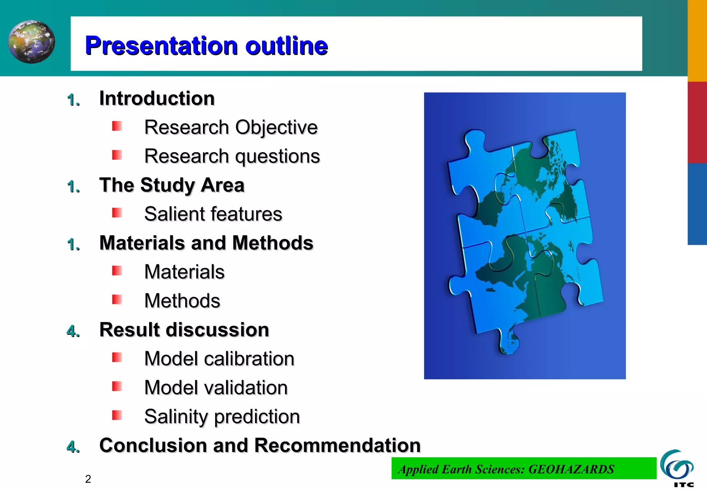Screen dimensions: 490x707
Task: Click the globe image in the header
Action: click(31, 42)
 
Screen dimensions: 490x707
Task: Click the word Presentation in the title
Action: click(161, 46)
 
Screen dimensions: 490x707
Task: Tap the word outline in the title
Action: click(287, 46)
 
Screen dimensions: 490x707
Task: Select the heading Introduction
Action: click(157, 98)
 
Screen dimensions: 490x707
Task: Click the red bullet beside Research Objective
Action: click(117, 126)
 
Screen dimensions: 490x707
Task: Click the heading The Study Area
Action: click(172, 185)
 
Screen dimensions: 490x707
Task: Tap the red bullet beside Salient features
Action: click(117, 213)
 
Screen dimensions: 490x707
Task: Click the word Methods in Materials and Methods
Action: click(273, 243)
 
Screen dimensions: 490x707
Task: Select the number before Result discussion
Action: click(72, 331)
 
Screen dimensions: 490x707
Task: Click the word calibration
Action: click(249, 359)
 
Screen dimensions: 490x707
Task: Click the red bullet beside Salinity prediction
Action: click(117, 415)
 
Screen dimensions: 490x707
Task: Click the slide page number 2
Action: click(88, 479)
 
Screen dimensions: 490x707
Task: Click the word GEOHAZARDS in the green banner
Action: click(571, 469)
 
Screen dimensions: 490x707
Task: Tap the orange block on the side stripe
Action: click(697, 41)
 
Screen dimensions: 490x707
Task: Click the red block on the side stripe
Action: click(697, 122)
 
